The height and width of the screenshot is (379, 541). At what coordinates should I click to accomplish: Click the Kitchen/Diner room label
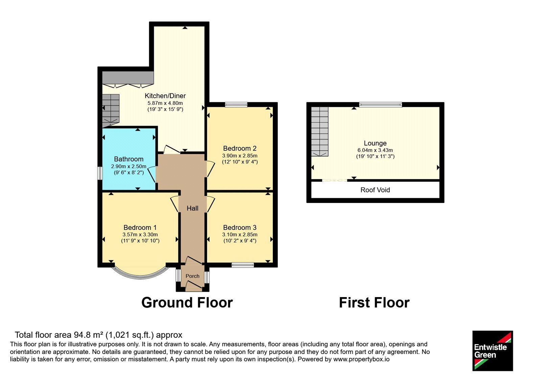[x=165, y=96]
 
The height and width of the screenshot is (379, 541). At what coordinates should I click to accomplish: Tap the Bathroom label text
[x=129, y=159]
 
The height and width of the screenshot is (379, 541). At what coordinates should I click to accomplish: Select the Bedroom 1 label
[x=140, y=227]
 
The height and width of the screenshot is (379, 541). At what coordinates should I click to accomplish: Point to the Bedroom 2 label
[x=240, y=148]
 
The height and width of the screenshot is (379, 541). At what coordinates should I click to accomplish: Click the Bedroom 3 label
[x=240, y=227]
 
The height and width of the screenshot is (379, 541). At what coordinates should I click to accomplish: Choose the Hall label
[x=192, y=208]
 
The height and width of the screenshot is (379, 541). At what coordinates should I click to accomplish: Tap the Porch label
[x=192, y=276]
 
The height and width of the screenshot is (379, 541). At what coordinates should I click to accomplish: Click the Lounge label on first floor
[x=375, y=143]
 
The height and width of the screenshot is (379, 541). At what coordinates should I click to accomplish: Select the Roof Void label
[x=375, y=190]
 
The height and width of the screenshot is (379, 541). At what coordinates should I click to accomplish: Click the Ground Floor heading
[x=187, y=303]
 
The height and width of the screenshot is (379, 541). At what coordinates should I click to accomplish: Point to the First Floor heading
[x=374, y=303]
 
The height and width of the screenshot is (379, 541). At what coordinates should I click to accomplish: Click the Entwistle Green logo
[x=493, y=351]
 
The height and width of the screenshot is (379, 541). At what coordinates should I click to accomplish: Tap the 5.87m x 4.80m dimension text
[x=165, y=103]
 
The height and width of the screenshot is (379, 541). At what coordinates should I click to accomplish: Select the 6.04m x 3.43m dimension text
[x=375, y=150]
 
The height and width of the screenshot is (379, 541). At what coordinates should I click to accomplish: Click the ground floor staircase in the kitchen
[x=111, y=111]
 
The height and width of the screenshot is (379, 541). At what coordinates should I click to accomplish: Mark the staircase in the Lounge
[x=320, y=132]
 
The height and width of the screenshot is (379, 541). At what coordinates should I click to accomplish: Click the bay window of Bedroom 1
[x=140, y=275]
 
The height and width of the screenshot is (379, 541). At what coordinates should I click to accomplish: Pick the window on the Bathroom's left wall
[x=100, y=173]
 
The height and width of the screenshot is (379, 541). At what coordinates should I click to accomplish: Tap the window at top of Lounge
[x=380, y=105]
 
